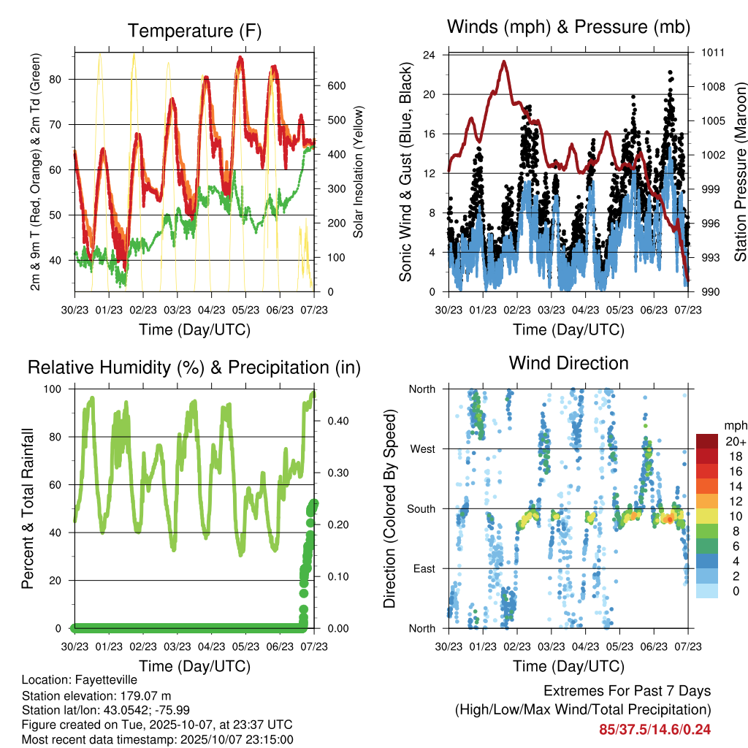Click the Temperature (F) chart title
[x=194, y=31]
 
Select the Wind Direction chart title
[x=568, y=363]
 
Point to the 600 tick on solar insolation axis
[x=335, y=86]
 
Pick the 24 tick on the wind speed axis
[x=430, y=55]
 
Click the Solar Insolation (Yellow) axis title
[x=359, y=172]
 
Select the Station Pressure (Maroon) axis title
[x=739, y=172]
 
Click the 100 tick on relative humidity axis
[x=58, y=389]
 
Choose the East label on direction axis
[x=423, y=568]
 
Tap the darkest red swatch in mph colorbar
[x=708, y=440]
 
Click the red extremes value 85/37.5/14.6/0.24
[x=655, y=729]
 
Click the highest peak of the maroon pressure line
[x=504, y=61]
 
